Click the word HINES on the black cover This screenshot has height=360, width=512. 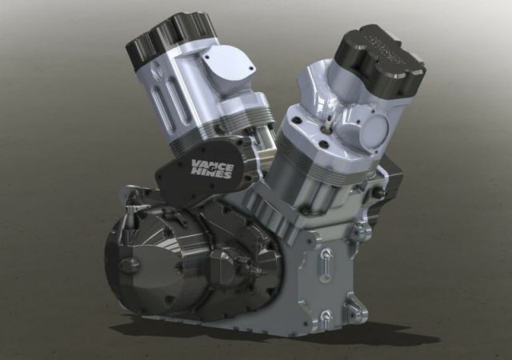pos(214,174)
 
